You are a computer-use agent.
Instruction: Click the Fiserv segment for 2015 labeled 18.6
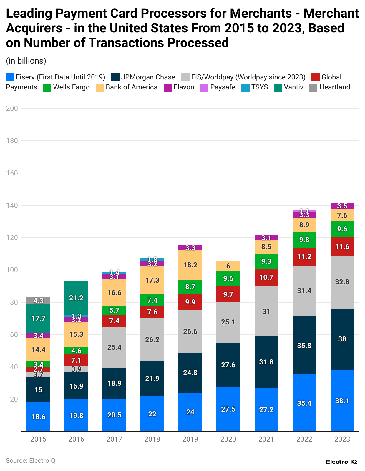click(38, 416)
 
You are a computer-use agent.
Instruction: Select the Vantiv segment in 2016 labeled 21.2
click(76, 298)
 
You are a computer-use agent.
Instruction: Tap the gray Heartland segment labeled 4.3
click(38, 301)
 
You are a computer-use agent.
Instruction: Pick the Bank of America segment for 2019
click(190, 265)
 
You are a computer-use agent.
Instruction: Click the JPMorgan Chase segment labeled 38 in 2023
click(342, 339)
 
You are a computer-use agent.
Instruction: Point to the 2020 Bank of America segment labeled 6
click(228, 266)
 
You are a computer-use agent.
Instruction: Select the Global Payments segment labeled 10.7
click(266, 277)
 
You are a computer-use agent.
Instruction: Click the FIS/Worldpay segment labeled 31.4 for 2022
click(304, 291)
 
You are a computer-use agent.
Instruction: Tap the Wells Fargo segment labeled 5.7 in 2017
click(114, 310)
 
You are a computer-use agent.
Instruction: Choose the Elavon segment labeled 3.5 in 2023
click(342, 206)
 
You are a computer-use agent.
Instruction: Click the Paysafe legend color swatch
click(204, 87)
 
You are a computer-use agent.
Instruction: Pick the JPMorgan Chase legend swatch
click(115, 77)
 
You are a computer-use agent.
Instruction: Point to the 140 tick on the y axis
click(12, 205)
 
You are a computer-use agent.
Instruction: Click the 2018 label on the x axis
click(152, 439)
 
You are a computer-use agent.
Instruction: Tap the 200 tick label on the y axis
click(12, 108)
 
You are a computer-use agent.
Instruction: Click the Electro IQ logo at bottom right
click(341, 462)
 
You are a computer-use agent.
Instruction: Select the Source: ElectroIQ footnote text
click(31, 460)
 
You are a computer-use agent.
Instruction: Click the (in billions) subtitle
click(26, 61)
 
